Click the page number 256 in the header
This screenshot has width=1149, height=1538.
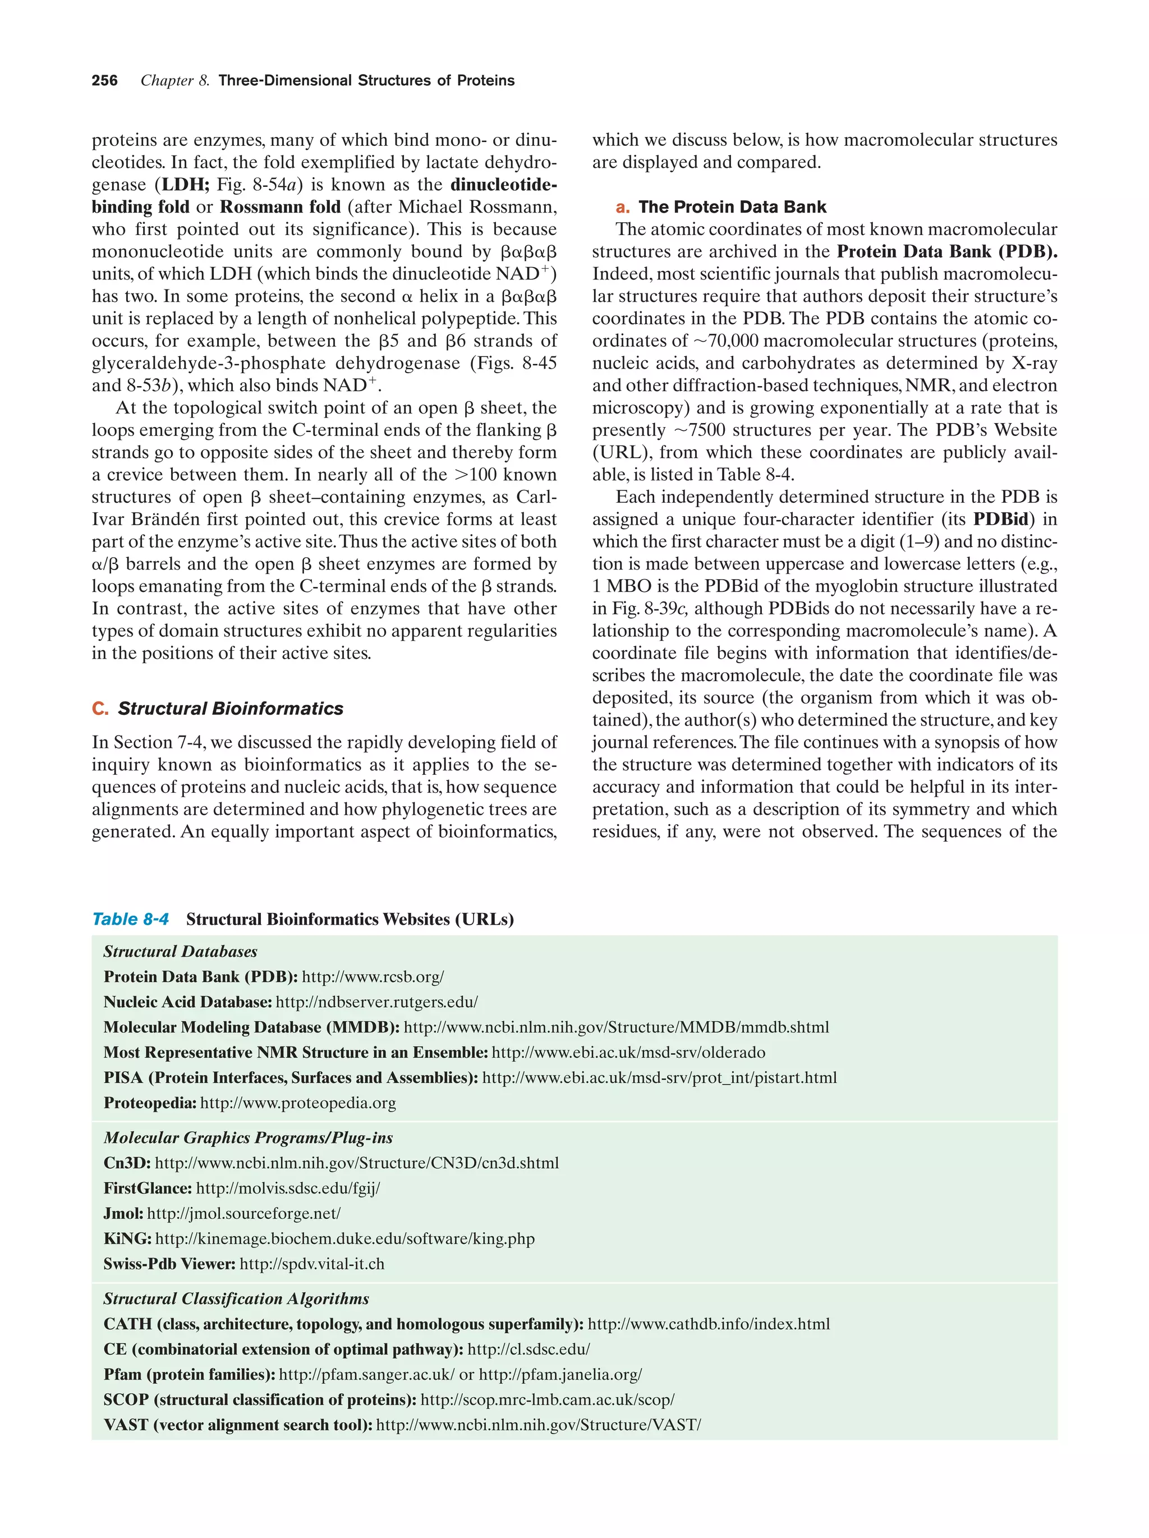coord(104,81)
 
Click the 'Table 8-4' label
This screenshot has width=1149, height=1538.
coord(131,919)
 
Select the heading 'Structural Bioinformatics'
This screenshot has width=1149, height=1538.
coord(230,709)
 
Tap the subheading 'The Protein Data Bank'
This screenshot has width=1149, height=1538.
coord(732,207)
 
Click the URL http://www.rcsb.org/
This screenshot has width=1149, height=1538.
coord(373,977)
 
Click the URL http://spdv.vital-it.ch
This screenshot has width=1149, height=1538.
coord(311,1264)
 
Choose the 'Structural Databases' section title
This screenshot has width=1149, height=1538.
coord(180,952)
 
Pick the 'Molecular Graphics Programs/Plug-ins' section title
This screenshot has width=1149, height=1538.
coord(248,1137)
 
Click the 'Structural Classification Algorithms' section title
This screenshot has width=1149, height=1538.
coord(236,1299)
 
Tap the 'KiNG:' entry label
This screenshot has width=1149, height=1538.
coord(127,1238)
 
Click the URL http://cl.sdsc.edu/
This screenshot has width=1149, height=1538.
coord(528,1349)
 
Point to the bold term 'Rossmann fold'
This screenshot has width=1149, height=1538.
coord(280,207)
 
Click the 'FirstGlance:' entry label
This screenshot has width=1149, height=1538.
coord(148,1188)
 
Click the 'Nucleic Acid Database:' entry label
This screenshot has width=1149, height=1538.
coord(188,1002)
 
